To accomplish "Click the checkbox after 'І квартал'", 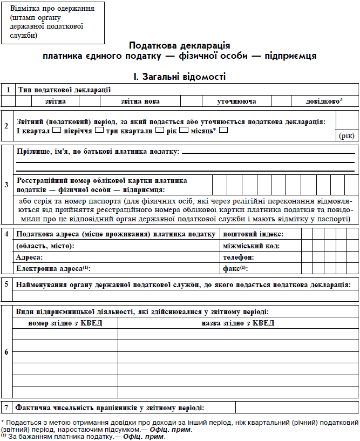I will [57, 130].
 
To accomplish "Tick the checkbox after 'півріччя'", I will [99, 130].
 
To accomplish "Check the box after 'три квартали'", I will [159, 130].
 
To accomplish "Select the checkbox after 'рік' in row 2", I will [184, 130].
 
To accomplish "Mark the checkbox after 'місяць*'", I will [223, 130].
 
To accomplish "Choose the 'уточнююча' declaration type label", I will [236, 101].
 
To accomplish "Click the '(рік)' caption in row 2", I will [347, 136].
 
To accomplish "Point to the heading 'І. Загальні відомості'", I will [179, 77].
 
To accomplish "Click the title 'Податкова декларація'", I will [179, 45].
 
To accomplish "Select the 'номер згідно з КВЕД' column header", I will [65, 323].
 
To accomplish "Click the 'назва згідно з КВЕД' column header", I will [237, 323].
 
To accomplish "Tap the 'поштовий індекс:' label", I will [253, 234].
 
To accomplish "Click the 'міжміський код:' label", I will [251, 246].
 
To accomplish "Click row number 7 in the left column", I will [6, 408].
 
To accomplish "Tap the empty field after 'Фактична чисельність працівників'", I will [296, 408].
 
